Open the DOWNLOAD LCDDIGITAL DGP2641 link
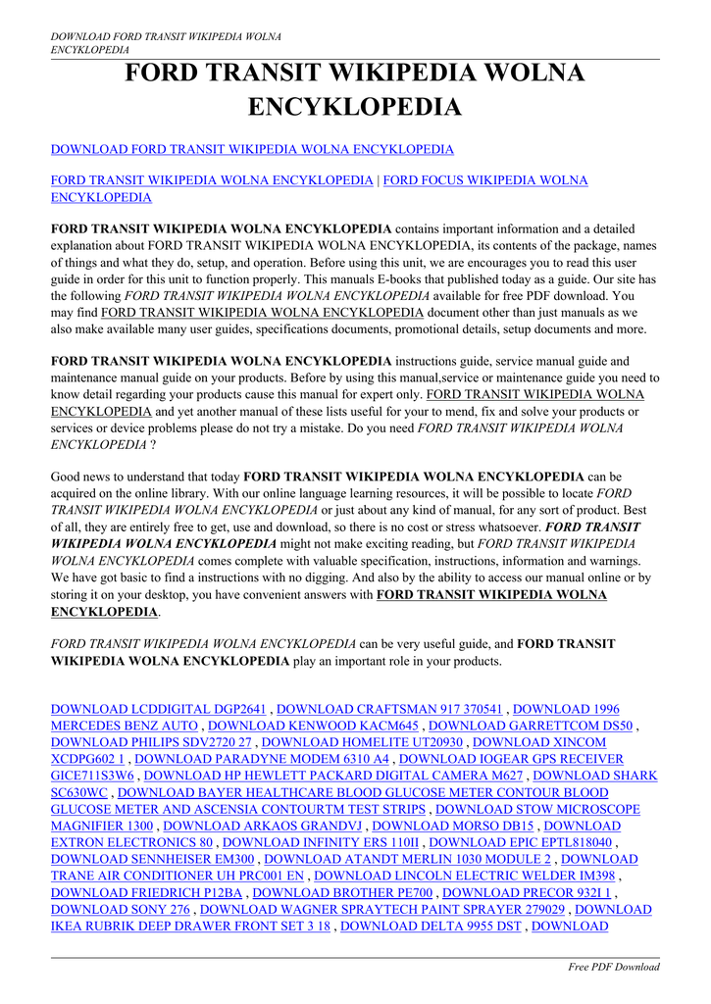coord(158,709)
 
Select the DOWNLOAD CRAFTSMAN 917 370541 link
coord(390,709)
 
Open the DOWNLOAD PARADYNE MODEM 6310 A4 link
coord(262,759)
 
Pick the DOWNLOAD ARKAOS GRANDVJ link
coord(264,827)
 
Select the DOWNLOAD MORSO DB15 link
coord(453,827)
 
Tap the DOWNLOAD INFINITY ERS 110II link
coord(321,843)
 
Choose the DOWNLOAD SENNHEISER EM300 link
coord(152,860)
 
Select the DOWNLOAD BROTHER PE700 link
coord(342,893)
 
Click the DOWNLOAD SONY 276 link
coord(120,910)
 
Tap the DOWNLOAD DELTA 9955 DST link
coord(431,927)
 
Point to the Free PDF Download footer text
coord(614,967)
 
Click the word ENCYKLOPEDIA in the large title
coord(355,106)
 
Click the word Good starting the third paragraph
coord(66,477)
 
